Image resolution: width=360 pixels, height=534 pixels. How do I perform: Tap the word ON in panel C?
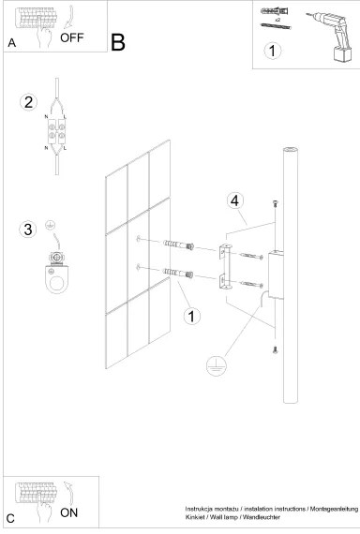pos(69,512)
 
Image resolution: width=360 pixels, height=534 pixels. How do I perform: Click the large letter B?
pos(117,42)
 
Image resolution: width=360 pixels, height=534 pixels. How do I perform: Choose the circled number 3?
pos(29,228)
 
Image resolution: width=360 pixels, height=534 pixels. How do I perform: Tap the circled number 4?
pos(237,200)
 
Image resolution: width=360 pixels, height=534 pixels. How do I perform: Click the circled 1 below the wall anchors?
pos(192,316)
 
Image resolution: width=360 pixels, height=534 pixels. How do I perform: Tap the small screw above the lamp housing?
pos(274,203)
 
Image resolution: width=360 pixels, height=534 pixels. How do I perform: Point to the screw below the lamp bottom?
pos(274,349)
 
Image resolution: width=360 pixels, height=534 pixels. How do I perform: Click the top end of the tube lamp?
pos(289,150)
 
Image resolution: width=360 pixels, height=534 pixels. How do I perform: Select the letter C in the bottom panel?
pos(10,518)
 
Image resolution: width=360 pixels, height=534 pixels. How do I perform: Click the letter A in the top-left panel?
pos(11,43)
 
